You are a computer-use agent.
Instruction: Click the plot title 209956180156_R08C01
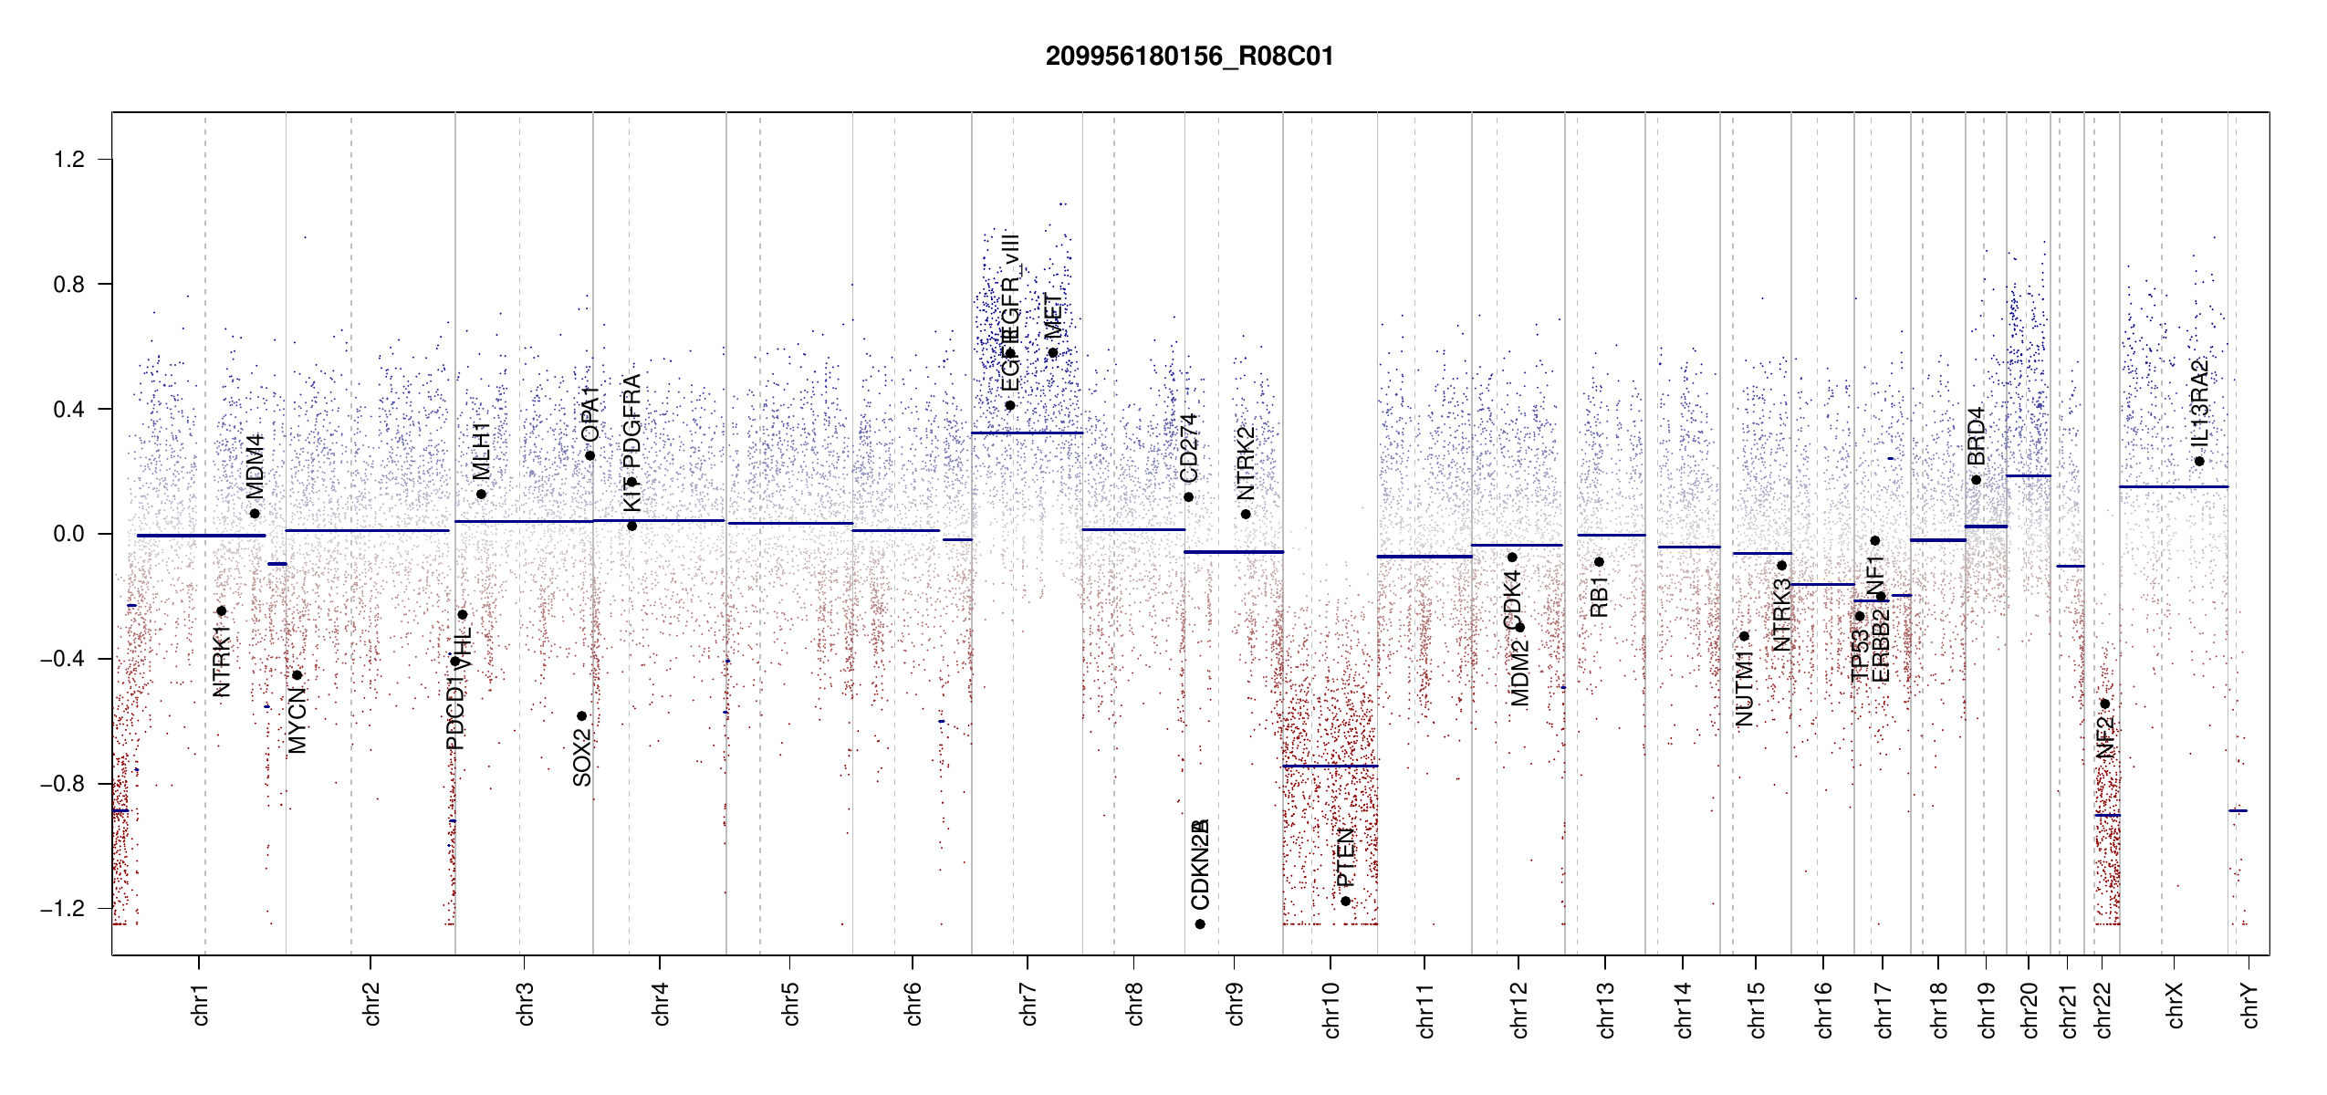(x=1189, y=57)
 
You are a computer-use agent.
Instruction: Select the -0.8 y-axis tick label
(x=62, y=784)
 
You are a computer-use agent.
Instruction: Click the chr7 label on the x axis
(x=1028, y=1004)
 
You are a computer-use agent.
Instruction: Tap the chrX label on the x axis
(x=2175, y=1005)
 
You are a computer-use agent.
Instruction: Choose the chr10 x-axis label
(x=1331, y=1009)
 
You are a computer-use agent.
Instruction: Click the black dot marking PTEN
(x=1345, y=902)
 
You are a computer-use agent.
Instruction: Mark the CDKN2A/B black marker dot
(x=1200, y=924)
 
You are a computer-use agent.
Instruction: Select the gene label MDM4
(x=255, y=465)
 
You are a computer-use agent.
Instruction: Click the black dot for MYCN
(x=297, y=675)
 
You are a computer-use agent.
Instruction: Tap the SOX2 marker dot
(x=582, y=716)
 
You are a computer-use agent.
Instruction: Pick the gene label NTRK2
(x=1246, y=463)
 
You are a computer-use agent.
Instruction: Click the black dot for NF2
(x=2104, y=704)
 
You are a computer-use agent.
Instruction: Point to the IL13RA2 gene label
(x=2199, y=402)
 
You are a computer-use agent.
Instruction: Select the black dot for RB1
(x=1599, y=562)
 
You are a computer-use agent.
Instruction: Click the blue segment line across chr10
(x=1330, y=766)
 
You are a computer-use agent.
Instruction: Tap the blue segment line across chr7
(x=1027, y=433)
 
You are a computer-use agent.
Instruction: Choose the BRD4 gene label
(x=1976, y=435)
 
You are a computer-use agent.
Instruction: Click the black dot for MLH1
(x=481, y=495)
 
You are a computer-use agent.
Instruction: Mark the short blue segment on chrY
(x=2238, y=810)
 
